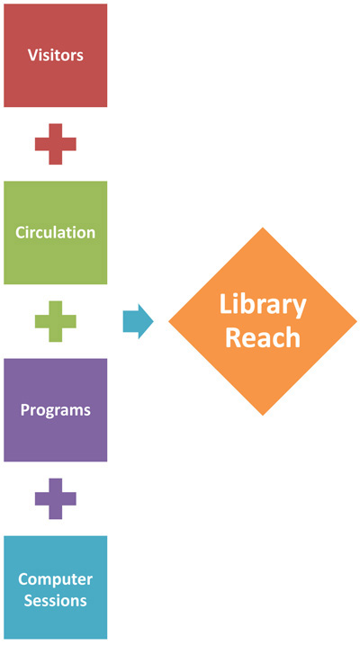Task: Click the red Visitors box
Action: point(56,56)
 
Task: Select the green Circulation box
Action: point(56,233)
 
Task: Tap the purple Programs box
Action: point(56,410)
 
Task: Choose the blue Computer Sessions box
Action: point(56,587)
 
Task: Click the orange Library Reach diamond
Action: point(263,321)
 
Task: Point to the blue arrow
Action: point(139,321)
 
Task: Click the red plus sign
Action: point(56,144)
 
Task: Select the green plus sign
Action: point(56,321)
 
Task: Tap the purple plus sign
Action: point(56,498)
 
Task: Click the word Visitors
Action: point(56,55)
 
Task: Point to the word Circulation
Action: point(56,232)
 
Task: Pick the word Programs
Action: point(56,410)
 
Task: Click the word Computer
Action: point(56,579)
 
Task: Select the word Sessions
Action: point(56,600)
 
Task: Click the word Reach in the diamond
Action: point(263,337)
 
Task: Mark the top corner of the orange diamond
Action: point(263,227)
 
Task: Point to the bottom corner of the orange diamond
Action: point(263,416)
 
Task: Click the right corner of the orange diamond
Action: point(357,321)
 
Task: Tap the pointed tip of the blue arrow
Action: point(154,321)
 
